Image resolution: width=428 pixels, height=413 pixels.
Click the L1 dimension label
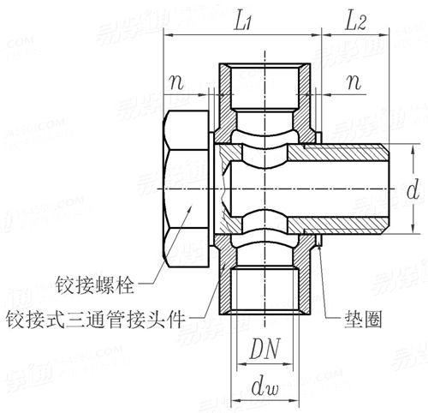[242, 22]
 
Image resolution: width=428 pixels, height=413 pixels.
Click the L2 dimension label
[355, 22]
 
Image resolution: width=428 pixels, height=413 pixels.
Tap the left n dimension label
[176, 83]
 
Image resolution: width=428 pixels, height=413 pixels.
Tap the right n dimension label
[354, 83]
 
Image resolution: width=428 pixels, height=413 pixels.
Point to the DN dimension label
[265, 349]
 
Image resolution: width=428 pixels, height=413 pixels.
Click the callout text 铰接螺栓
[95, 284]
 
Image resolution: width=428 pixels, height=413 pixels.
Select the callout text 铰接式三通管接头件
[96, 319]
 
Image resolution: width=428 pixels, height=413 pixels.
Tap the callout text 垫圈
[363, 319]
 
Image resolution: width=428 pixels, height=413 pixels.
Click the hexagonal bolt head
[186, 189]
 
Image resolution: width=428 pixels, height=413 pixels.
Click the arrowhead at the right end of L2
[385, 35]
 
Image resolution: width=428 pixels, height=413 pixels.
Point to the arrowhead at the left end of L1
[167, 35]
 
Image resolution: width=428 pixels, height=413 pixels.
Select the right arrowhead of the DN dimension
[288, 364]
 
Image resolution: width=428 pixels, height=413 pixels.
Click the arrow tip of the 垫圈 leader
[319, 244]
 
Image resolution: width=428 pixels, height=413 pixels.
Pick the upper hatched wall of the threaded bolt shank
[336, 153]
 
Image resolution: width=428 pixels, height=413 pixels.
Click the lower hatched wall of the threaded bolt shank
[336, 225]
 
